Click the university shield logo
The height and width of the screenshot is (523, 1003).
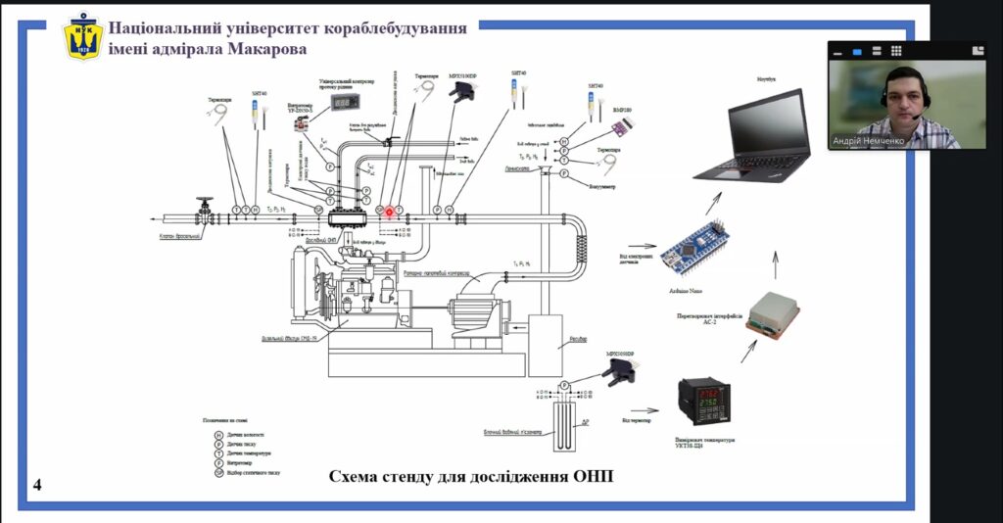(x=83, y=36)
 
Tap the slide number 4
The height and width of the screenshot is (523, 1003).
(x=37, y=486)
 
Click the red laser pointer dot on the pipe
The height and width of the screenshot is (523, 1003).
(x=389, y=212)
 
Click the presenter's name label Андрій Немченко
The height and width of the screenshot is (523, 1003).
(x=870, y=141)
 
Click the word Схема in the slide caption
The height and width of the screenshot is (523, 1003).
(x=357, y=477)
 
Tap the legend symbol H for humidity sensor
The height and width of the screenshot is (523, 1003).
(x=219, y=434)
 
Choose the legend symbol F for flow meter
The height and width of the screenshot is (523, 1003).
(x=219, y=462)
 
